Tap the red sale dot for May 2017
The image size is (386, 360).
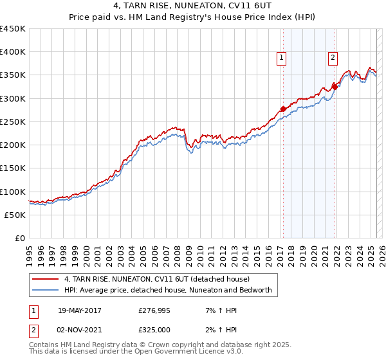point(283,109)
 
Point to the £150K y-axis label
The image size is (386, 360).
point(13,168)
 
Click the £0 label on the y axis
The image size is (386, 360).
point(19,238)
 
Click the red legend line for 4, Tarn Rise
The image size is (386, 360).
point(44,280)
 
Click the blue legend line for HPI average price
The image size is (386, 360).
point(44,291)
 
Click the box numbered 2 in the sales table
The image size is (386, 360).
point(33,330)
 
